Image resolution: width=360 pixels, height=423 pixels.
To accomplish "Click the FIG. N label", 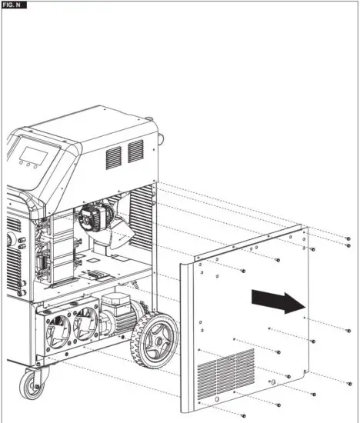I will point(14,5).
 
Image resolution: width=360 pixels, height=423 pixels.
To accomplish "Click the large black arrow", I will point(278,301).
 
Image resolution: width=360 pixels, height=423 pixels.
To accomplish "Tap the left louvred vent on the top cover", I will point(113,155).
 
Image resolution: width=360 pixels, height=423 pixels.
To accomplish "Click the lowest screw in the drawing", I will point(243,415).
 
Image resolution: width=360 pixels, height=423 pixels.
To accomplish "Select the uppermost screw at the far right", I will point(348,238).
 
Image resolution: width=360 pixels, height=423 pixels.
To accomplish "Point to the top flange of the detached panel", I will point(246,244).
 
